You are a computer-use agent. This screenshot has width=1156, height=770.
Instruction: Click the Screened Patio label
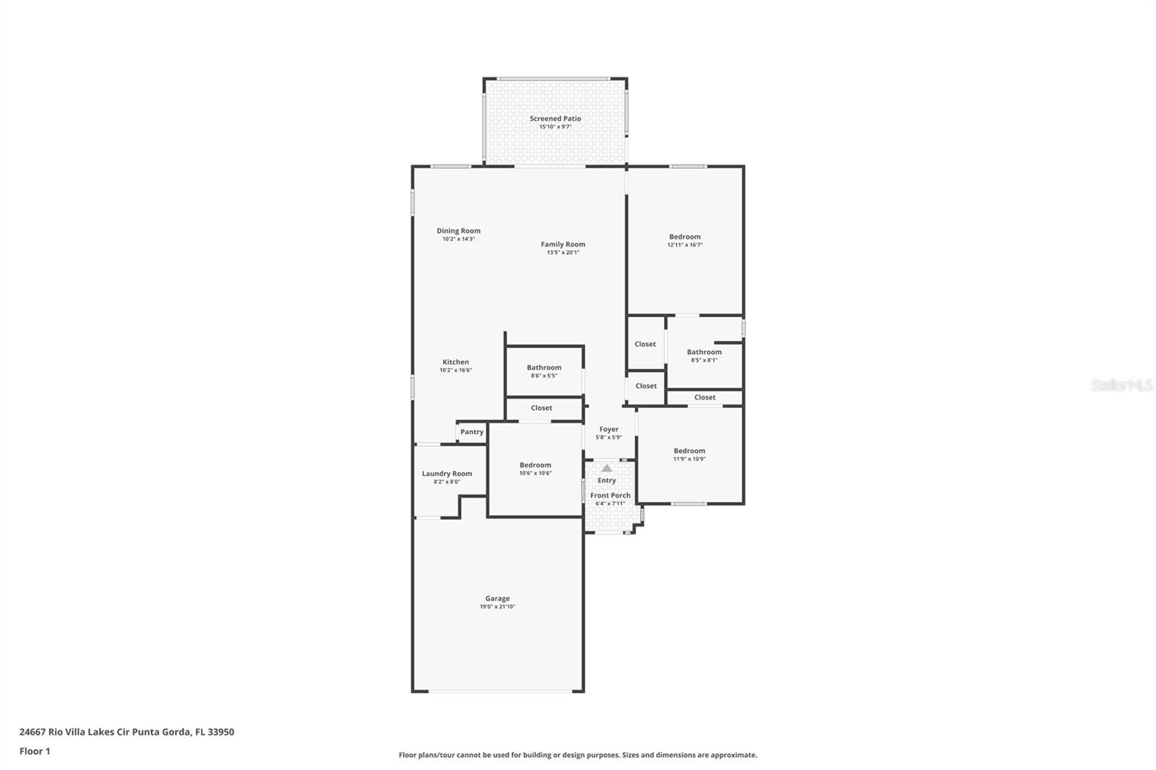[556, 118]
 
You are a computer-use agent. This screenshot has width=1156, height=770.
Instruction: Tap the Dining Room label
[458, 230]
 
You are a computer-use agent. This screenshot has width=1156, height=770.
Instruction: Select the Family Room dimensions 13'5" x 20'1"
[563, 252]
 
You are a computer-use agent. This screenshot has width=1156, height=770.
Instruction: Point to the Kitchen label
[456, 362]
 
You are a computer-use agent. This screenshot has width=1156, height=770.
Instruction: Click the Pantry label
[472, 432]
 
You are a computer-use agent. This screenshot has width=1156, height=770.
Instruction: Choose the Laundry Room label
[447, 474]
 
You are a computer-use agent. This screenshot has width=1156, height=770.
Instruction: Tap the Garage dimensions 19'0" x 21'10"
[498, 607]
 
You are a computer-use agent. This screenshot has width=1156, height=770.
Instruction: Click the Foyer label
[609, 429]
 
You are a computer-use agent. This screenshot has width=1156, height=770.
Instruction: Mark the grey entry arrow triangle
[607, 468]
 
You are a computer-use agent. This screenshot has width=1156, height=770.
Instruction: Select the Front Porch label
[611, 496]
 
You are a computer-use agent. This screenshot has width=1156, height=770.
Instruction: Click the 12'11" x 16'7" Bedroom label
[685, 237]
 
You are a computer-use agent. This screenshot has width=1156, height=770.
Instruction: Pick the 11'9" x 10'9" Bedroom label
[689, 451]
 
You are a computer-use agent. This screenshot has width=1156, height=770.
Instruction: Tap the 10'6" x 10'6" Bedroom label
[535, 465]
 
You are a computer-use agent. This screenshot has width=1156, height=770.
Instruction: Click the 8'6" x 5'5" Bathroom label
[544, 368]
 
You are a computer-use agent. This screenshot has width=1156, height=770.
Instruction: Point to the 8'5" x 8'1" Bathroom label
[704, 352]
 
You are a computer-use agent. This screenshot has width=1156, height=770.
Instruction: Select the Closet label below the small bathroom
[541, 407]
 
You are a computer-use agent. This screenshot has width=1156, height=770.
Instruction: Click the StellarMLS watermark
[1122, 385]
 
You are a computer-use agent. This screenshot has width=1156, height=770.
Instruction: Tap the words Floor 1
[35, 751]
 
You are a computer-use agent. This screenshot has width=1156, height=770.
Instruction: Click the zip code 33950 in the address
[221, 732]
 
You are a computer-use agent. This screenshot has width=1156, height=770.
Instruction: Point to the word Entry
[607, 480]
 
